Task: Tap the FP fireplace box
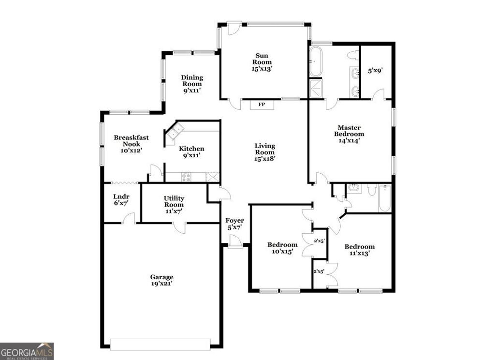pos(262,104)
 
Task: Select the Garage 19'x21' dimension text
pos(161,284)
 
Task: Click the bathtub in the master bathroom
pos(315,61)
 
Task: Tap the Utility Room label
pos(174,201)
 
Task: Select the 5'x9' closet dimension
pos(376,70)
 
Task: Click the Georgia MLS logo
pos(27,351)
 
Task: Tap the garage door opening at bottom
pos(160,344)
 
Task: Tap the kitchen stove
pos(186,177)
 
